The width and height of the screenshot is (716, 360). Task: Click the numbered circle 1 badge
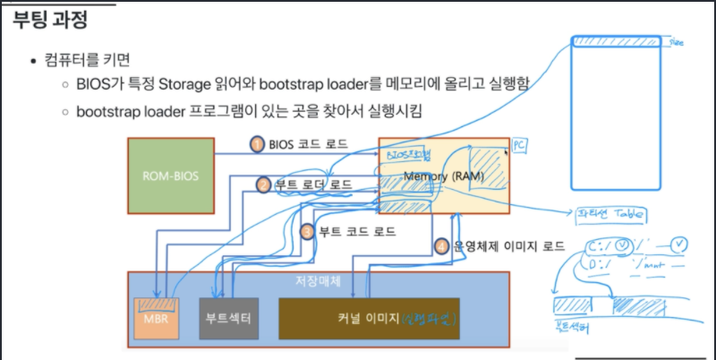coord(257,143)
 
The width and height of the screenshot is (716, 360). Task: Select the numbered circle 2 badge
coord(263,185)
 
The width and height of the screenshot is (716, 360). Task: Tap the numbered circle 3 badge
coord(307,231)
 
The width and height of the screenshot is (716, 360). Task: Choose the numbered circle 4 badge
coord(440,244)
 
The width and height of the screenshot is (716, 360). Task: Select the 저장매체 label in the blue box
coord(313,281)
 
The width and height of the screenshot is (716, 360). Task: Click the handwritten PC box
coord(518,144)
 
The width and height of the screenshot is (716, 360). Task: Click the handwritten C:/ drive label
coord(598,244)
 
